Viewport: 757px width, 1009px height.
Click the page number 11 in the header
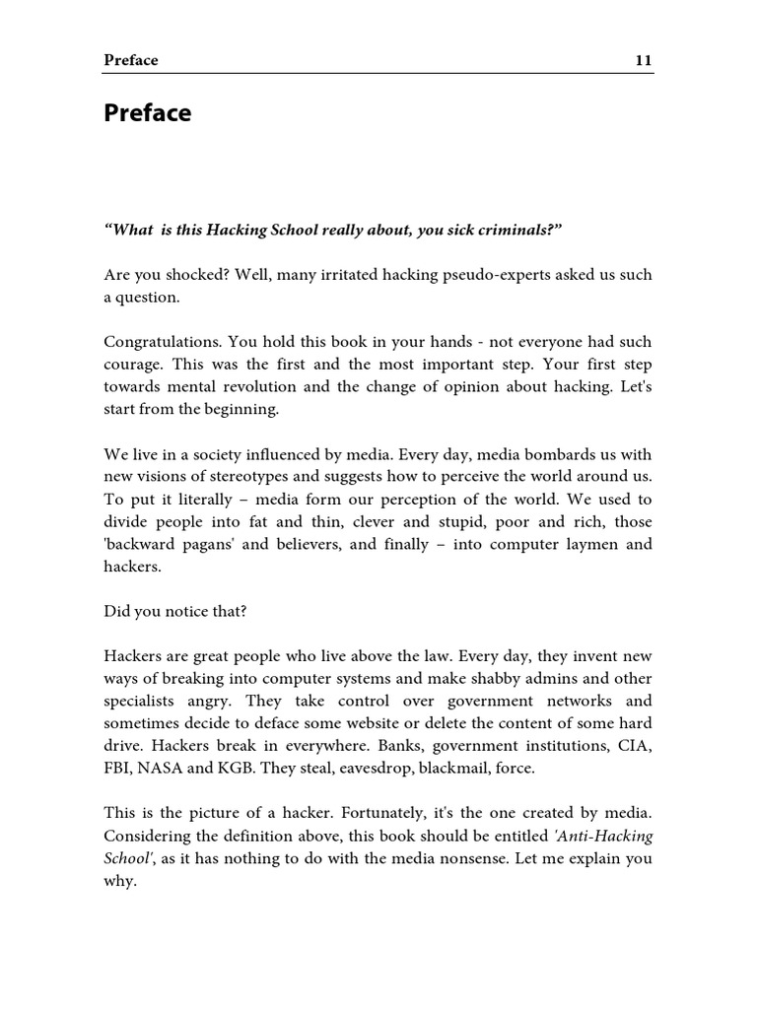643,60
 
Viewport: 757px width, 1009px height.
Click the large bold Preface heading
148,113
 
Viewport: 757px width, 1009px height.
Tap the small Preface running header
131,60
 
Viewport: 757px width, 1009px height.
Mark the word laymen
573,545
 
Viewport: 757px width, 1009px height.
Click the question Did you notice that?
175,611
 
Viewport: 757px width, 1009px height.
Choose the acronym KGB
230,770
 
